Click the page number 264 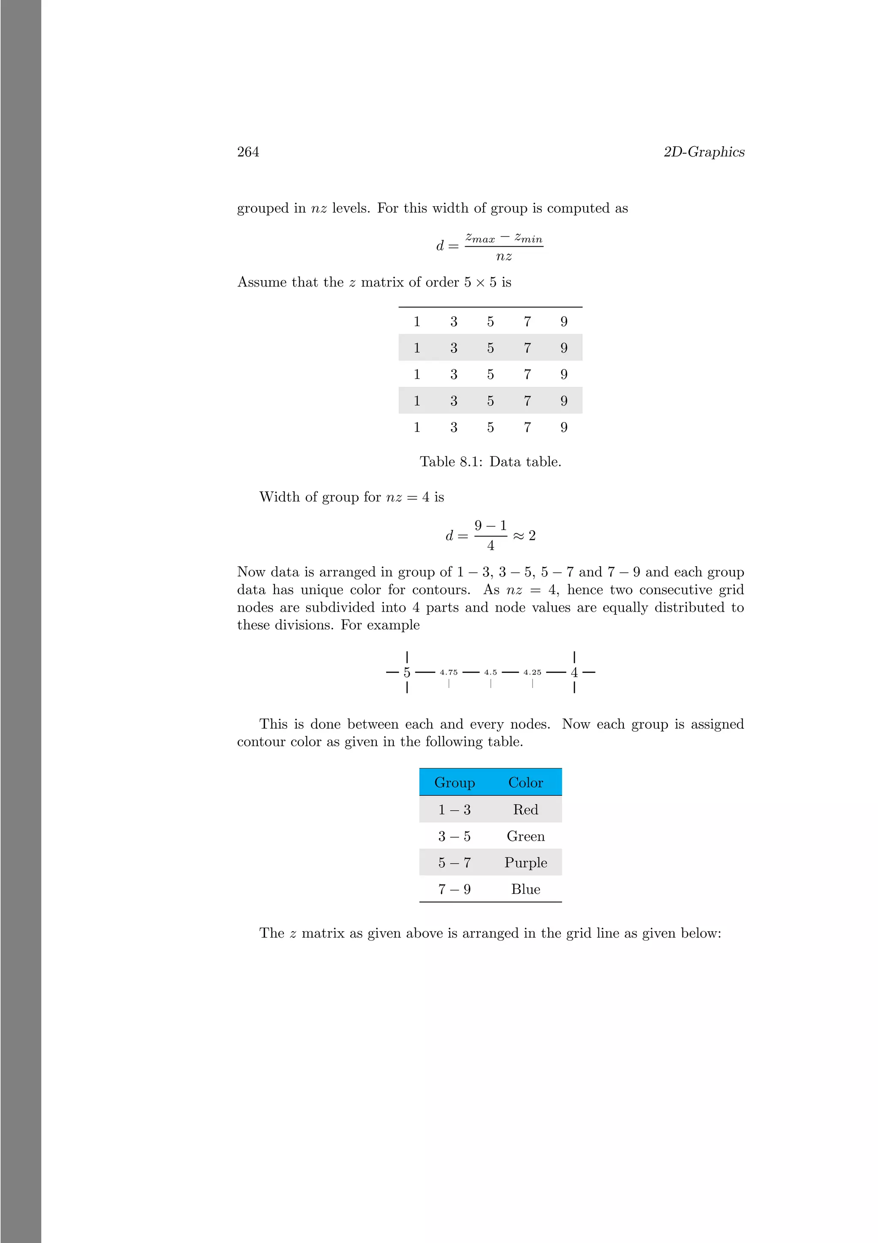pyautogui.click(x=248, y=152)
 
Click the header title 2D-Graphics pyautogui.click(x=704, y=152)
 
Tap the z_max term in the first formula pyautogui.click(x=480, y=238)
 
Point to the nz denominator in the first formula pyautogui.click(x=504, y=256)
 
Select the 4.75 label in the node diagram pyautogui.click(x=448, y=673)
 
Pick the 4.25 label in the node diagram pyautogui.click(x=532, y=673)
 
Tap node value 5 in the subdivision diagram pyautogui.click(x=407, y=673)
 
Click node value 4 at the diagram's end pyautogui.click(x=574, y=673)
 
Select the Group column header pyautogui.click(x=454, y=783)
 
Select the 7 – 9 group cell pyautogui.click(x=454, y=890)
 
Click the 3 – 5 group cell pyautogui.click(x=454, y=836)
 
